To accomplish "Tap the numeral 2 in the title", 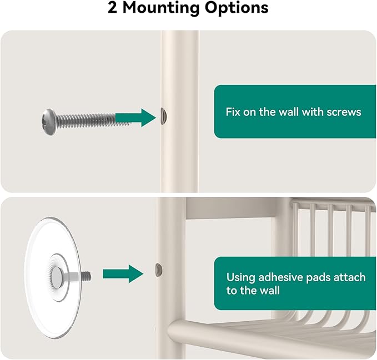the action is click(x=113, y=8).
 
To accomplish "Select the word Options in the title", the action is click(x=237, y=8).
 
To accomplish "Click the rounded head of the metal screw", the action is click(x=49, y=122).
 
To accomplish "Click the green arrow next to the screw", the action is click(x=136, y=118).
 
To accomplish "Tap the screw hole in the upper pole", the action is click(x=164, y=116).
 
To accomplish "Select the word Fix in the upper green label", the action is click(x=233, y=112).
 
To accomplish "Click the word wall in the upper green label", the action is click(x=288, y=112).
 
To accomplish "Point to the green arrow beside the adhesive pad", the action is click(x=123, y=274).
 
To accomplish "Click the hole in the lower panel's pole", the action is click(x=159, y=270).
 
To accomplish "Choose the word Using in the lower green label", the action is click(x=240, y=278).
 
